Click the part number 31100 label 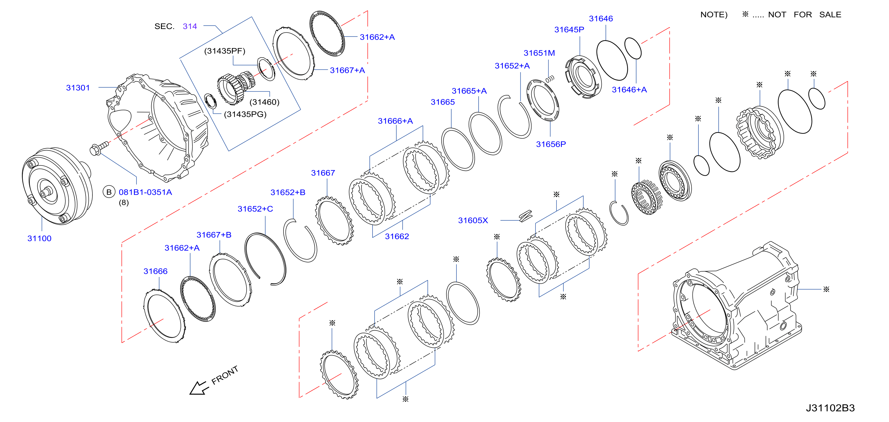point(39,238)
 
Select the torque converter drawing point(57,186)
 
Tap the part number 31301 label point(78,88)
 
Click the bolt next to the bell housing point(99,148)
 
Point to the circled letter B point(109,192)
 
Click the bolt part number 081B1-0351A point(145,192)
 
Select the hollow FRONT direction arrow point(199,388)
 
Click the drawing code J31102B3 point(830,408)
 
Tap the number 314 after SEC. point(190,26)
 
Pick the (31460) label point(264,102)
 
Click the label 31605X point(473,220)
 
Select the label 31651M point(539,53)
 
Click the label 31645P point(569,30)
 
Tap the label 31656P point(551,144)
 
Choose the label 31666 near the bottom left point(155,271)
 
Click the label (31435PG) point(245,114)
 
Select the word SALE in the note point(830,15)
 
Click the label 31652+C point(255,209)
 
